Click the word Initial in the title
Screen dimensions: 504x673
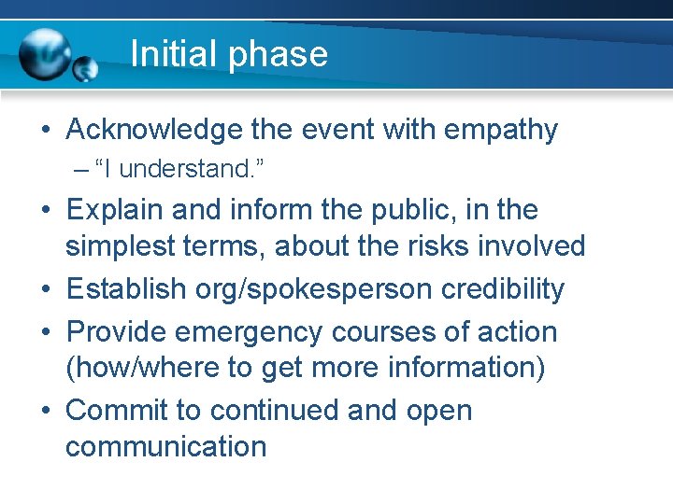pos(172,54)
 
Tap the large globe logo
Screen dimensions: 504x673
pos(45,54)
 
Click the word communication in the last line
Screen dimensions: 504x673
pos(165,446)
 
